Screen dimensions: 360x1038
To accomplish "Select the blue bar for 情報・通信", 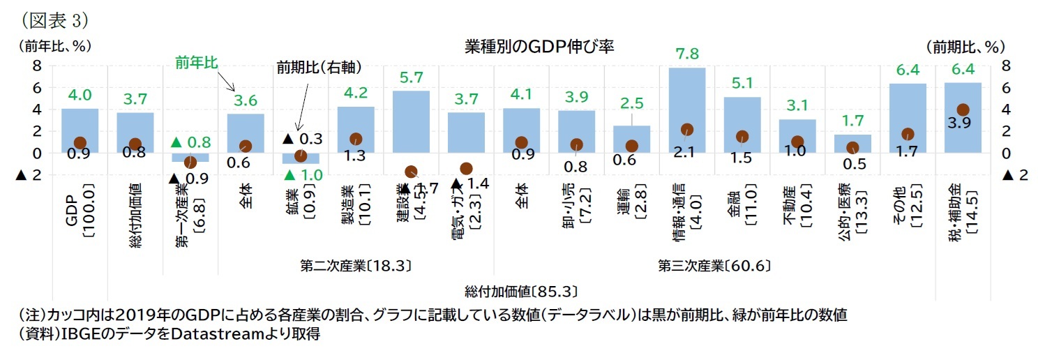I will pos(686,105).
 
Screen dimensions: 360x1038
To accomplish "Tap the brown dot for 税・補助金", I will pos(962,110).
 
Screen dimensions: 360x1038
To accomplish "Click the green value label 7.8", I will pos(686,54).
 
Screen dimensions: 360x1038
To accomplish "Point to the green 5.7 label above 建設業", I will pos(411,77).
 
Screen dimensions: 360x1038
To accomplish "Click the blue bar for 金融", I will pos(742,122).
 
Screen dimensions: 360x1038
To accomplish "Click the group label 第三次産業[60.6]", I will pos(713,266).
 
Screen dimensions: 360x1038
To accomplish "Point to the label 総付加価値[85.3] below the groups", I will pos(522,290).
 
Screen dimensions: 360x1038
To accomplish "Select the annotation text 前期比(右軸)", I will pos(319,67).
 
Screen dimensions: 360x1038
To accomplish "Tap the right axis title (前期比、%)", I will pos(965,47).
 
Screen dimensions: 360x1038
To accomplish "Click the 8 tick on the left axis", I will pos(36,66).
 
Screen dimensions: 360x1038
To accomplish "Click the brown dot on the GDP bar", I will pos(80,143).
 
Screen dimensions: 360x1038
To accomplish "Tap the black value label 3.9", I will pos(962,124).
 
